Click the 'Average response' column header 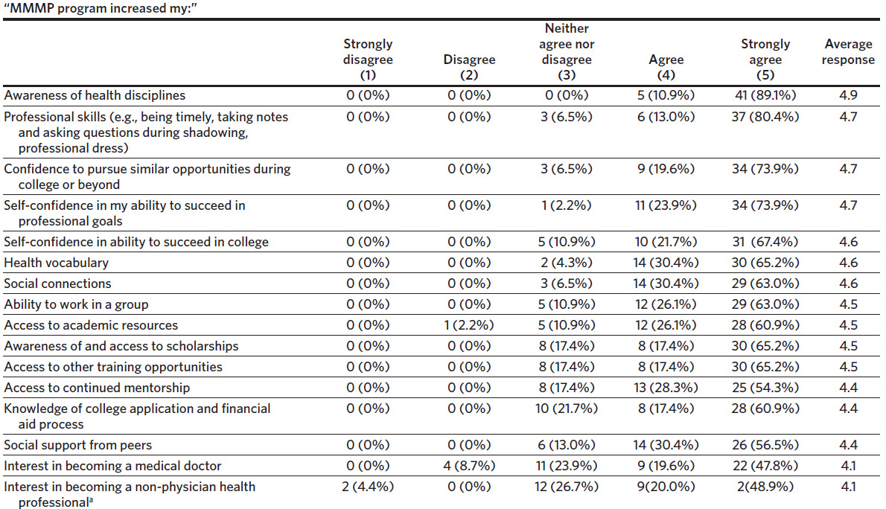[848, 52]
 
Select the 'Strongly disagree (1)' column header [368, 60]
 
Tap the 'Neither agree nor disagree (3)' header [567, 52]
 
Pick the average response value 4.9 [848, 95]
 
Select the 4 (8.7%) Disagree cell [469, 466]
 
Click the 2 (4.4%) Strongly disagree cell [368, 487]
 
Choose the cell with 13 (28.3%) [666, 388]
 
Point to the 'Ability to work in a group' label [76, 304]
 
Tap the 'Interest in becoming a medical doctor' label [113, 466]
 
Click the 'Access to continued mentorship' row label [97, 388]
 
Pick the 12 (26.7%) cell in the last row [567, 487]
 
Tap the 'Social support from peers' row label [77, 445]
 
